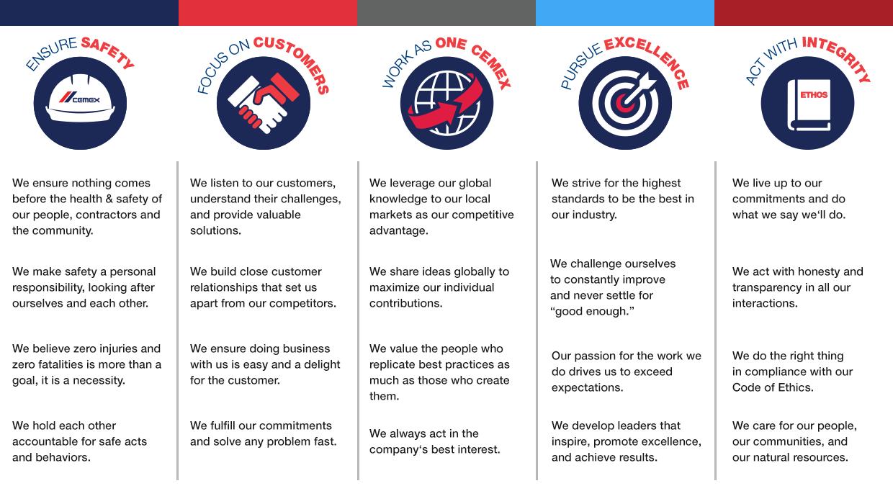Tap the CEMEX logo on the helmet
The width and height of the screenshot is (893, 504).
(79, 98)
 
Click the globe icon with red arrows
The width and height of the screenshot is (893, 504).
(447, 103)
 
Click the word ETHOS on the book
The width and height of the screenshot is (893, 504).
(814, 95)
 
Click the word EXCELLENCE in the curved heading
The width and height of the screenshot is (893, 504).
(650, 60)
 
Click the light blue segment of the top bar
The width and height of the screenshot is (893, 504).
(625, 13)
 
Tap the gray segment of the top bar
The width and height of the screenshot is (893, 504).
(447, 13)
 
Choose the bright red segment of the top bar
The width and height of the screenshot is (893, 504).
(268, 13)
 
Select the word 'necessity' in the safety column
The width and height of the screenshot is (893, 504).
(99, 381)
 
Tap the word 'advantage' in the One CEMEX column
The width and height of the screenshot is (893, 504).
(399, 231)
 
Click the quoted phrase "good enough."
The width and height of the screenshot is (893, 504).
(592, 311)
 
